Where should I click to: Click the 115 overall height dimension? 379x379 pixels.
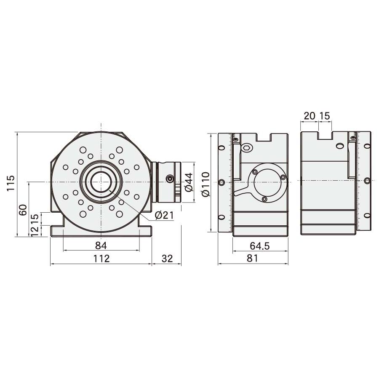(11, 183)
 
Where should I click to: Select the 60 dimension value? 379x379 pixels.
(23, 210)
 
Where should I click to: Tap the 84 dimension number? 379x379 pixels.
(101, 246)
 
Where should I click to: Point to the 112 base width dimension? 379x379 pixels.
(101, 259)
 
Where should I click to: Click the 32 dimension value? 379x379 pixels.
(167, 259)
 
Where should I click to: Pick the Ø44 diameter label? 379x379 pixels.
(189, 182)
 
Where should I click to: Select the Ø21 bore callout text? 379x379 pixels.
(164, 215)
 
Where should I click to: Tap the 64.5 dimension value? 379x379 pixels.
(259, 246)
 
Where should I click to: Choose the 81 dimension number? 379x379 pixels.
(252, 258)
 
